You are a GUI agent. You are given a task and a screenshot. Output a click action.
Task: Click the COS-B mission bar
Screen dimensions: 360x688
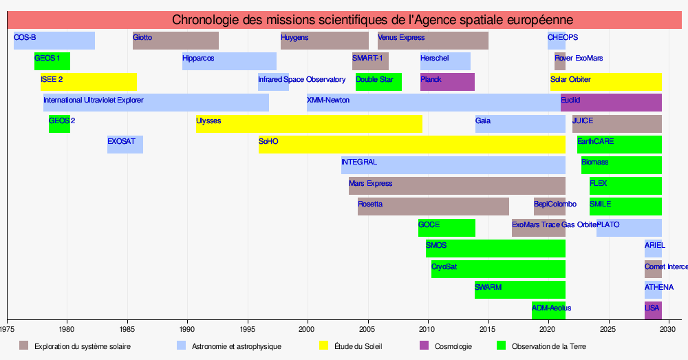54,41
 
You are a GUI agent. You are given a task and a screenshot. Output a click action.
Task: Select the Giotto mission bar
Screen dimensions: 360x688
175,41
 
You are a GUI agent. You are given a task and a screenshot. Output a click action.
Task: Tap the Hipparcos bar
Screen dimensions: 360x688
229,61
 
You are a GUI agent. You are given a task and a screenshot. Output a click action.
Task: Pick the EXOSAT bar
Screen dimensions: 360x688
125,145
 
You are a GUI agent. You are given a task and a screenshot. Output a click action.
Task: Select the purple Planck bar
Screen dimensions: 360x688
447,82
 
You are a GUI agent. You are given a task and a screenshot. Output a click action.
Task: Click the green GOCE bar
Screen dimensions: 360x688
447,228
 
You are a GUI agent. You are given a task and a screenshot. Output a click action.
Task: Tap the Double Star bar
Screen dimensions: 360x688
378,82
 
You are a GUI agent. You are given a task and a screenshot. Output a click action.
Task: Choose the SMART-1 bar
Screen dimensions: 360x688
370,61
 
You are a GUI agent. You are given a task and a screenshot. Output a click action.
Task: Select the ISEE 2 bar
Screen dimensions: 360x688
89,82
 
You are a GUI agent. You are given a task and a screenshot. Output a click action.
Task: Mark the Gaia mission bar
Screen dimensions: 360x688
520,124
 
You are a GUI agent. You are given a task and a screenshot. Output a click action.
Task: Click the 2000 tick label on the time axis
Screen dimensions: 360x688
308,330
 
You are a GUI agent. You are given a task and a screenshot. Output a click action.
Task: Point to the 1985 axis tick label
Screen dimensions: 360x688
127,330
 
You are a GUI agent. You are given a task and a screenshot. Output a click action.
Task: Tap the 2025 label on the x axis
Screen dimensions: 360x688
608,330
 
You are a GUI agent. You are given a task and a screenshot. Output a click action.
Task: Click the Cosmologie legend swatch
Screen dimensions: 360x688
424,346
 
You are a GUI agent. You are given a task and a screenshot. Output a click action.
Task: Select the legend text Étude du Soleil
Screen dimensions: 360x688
358,346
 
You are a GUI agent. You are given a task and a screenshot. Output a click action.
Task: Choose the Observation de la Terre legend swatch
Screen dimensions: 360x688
501,346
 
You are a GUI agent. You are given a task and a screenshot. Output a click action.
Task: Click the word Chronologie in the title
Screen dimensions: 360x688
211,20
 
